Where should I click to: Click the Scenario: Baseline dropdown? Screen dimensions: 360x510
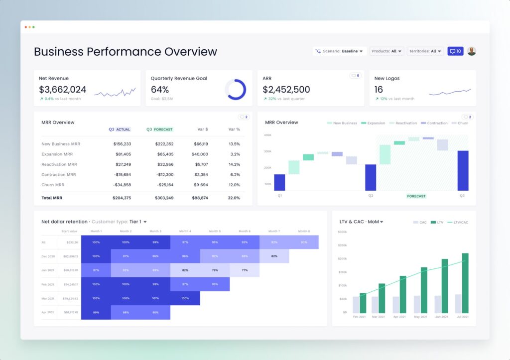point(340,51)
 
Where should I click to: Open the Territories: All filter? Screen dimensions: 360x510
point(425,51)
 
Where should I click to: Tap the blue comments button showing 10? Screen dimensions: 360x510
point(455,51)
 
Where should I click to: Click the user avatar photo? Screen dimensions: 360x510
point(471,51)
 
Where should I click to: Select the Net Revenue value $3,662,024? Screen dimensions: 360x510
point(63,90)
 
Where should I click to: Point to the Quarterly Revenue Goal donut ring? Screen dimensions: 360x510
point(235,90)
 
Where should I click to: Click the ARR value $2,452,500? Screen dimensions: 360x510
point(286,90)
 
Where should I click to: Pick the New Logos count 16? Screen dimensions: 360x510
point(379,90)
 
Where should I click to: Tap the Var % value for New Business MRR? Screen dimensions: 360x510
point(234,144)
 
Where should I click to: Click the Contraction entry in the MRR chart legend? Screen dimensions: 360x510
point(434,123)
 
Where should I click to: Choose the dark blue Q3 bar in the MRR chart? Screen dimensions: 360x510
point(463,170)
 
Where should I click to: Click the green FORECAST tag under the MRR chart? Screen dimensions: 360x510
point(416,196)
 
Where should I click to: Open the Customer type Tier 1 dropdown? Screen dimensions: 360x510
point(138,222)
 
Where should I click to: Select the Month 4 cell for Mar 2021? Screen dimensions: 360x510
point(185,298)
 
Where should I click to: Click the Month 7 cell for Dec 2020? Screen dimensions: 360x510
point(274,256)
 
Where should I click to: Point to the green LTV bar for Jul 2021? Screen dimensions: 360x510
point(465,283)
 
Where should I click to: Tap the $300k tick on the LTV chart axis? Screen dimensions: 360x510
point(342,232)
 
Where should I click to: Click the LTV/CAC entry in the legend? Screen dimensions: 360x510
point(458,222)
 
